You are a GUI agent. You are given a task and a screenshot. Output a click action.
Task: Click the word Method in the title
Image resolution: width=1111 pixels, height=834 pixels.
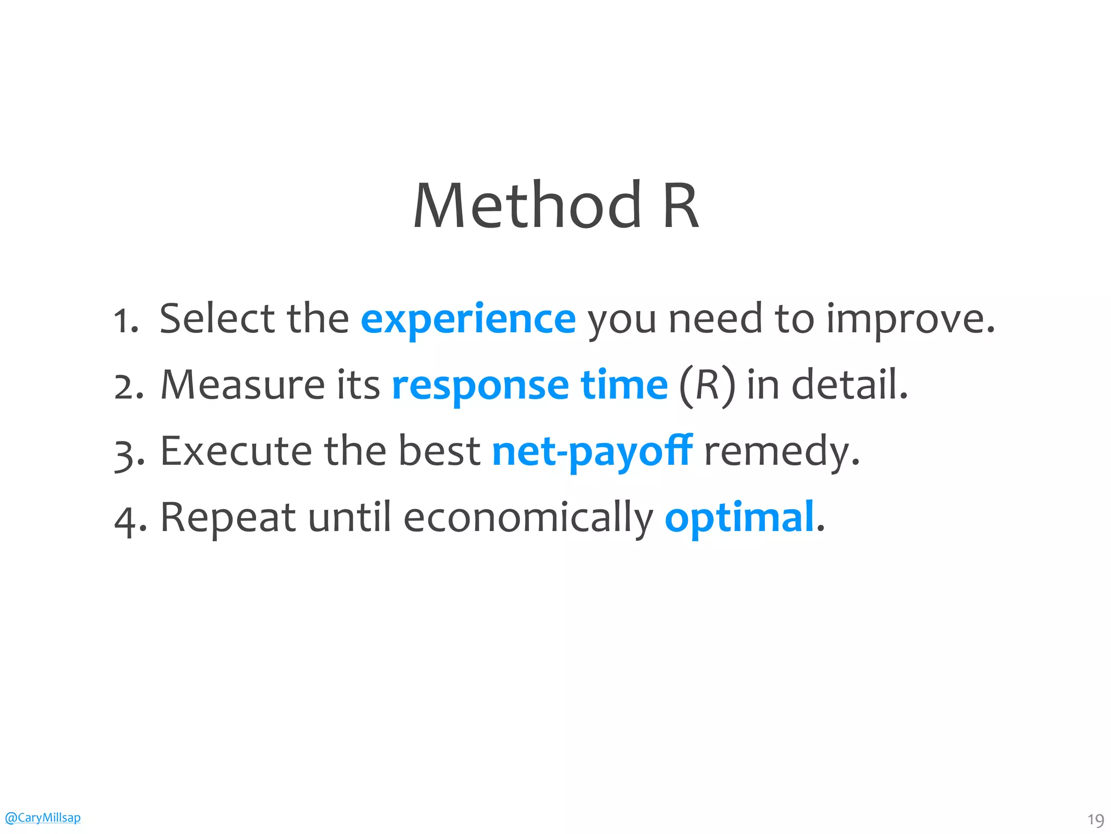(x=527, y=206)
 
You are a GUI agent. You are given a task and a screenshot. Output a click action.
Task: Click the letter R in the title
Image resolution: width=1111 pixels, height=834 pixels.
(x=680, y=206)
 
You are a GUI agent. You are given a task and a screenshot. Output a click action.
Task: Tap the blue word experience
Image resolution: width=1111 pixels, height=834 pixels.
(x=468, y=320)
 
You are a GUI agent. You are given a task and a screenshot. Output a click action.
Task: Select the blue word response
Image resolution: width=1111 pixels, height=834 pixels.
(x=480, y=386)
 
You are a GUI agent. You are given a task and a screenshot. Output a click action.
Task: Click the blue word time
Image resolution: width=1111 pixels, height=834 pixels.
(x=624, y=385)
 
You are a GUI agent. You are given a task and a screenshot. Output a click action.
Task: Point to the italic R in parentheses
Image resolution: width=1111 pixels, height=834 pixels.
(x=707, y=386)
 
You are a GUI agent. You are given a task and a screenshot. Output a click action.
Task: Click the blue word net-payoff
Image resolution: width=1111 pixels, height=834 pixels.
(x=592, y=452)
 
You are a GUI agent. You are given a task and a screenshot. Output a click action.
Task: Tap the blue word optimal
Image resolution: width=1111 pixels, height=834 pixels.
(x=739, y=517)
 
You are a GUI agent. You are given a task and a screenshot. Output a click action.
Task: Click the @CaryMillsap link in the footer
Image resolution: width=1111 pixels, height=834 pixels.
(x=42, y=817)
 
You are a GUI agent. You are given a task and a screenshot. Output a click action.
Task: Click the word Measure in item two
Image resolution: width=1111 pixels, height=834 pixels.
(x=242, y=385)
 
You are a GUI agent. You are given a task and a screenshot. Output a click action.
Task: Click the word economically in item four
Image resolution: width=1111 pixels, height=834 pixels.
(x=528, y=517)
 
